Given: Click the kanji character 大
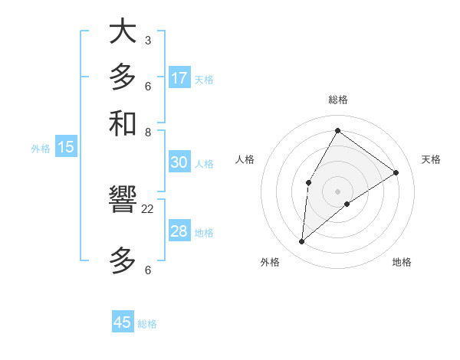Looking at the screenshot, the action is point(123,32).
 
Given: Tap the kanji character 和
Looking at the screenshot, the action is point(123,123).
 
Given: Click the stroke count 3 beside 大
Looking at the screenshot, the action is point(147,40).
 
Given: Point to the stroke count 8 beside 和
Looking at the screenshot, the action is point(147,132).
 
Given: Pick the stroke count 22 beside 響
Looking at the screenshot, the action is point(148,208).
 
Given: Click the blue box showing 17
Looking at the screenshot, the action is point(179,78).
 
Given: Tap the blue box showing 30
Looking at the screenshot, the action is point(179,162).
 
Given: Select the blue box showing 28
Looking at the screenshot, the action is point(179,231).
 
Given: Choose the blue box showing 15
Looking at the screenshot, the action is point(66,147).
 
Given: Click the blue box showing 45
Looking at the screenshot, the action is point(123,322).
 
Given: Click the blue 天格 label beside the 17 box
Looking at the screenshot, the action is point(204,79).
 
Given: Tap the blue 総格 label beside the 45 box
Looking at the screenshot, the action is point(147,324).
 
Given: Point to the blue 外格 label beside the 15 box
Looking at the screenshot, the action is point(41,149).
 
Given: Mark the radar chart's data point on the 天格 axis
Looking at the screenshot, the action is point(396,172).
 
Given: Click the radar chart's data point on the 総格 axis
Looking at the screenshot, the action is point(337,130).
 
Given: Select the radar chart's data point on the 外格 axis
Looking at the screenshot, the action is point(301,242).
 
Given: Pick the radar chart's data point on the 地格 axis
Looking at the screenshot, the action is point(347,204).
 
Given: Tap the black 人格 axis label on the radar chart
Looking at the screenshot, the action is point(245,159).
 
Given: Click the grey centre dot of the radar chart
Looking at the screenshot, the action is point(337,191).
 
